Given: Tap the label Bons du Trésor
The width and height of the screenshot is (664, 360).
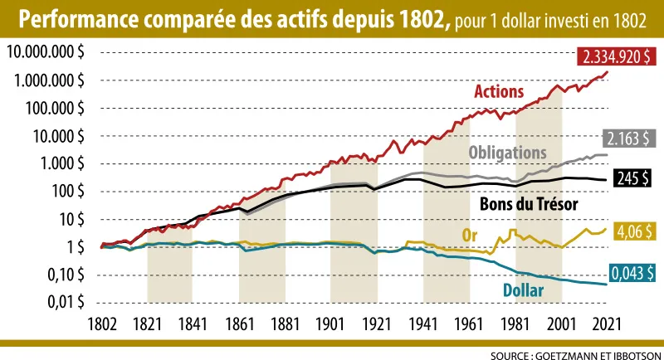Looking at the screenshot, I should pyautogui.click(x=529, y=203).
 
